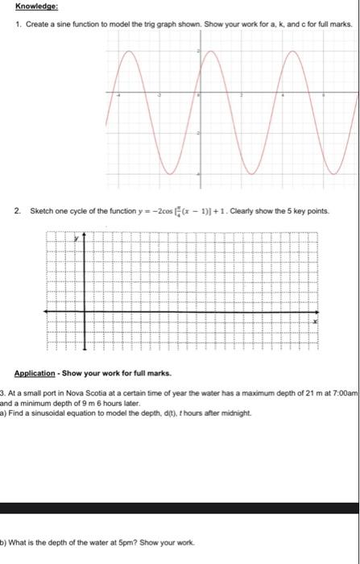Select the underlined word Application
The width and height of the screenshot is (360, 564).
click(x=35, y=374)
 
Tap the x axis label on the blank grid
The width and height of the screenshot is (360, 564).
click(x=315, y=321)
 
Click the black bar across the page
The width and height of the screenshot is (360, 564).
click(x=180, y=508)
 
